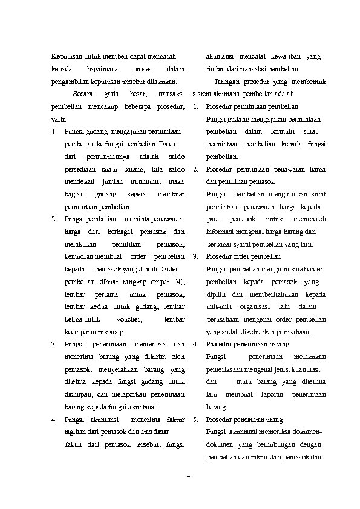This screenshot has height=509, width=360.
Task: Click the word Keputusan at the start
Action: (65, 57)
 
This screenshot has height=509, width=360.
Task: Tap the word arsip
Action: (108, 332)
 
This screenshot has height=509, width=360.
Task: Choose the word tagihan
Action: (75, 432)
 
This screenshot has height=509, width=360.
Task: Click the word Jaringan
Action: (228, 82)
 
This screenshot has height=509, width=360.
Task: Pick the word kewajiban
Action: (284, 57)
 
